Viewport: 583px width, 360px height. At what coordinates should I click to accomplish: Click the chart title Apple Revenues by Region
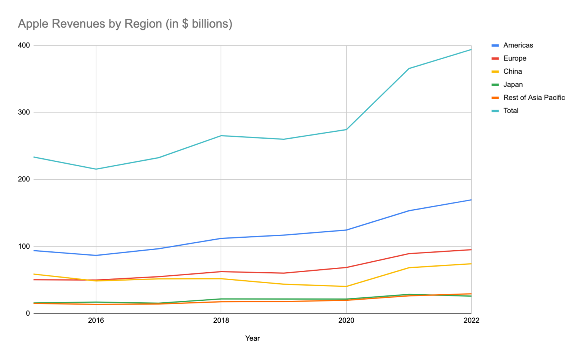tap(125, 24)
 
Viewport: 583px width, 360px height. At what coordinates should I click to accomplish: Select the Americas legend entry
tap(518, 45)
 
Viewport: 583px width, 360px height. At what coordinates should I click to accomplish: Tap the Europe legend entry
tap(514, 58)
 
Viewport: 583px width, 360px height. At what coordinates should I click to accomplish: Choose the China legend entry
tap(512, 71)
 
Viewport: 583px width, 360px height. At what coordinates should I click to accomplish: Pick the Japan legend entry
tap(512, 85)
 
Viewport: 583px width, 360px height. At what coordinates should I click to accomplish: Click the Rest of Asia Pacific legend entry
tap(534, 98)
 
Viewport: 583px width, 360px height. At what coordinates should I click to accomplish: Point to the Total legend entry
tap(511, 111)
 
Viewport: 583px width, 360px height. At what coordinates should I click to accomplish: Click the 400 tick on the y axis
tap(24, 46)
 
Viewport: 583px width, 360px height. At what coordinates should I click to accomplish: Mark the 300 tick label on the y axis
tap(24, 113)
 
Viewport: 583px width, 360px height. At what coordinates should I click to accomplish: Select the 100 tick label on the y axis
tap(24, 246)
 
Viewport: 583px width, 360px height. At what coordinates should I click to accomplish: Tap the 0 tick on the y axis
tap(28, 313)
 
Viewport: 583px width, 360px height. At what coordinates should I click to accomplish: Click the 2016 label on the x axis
tap(96, 321)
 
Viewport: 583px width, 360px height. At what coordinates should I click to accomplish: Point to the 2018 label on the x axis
tap(221, 321)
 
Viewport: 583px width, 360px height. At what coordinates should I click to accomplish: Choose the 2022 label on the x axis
tap(471, 321)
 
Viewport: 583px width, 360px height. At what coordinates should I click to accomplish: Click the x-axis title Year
tap(252, 338)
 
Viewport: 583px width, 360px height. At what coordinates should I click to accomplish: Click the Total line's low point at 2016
tap(96, 169)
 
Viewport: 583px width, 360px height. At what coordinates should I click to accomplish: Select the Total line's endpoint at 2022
tap(471, 49)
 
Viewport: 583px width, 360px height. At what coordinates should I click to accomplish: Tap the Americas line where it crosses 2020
tap(346, 230)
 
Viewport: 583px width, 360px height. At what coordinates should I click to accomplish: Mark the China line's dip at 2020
tap(346, 286)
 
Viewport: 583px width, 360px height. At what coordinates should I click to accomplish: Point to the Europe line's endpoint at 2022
tap(471, 249)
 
